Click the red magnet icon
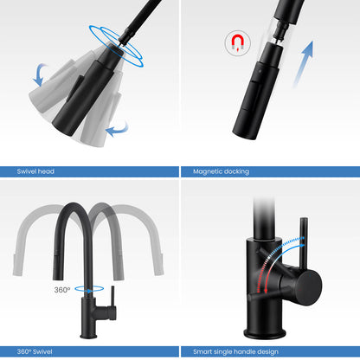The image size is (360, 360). click(237, 42)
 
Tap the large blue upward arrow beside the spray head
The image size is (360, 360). click(303, 64)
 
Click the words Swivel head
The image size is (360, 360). click(35, 171)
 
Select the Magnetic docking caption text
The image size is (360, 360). click(221, 171)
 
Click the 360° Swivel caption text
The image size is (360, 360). click(35, 351)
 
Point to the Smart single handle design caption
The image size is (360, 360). click(235, 351)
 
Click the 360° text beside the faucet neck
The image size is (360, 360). click(62, 290)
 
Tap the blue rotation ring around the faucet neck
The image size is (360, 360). click(89, 288)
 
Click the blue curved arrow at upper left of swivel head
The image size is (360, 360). click(40, 74)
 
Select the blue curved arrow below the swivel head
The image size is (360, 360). click(118, 131)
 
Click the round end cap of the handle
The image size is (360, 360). click(309, 287)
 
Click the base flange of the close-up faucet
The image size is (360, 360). click(265, 334)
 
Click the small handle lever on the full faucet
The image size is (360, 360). click(112, 296)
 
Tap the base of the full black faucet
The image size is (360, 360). click(88, 336)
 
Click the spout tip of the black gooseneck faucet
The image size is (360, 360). click(58, 278)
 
